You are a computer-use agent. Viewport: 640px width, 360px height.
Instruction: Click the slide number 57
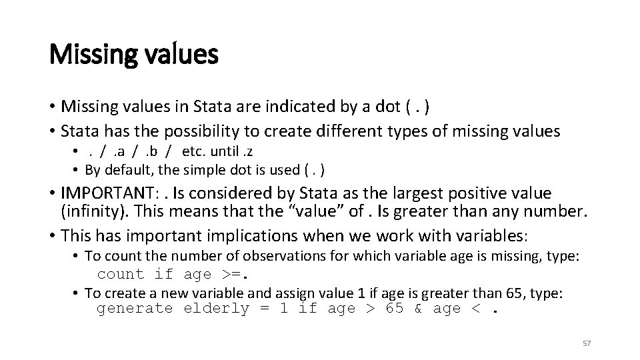pyautogui.click(x=587, y=343)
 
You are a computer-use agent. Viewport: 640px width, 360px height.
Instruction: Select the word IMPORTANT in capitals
pyautogui.click(x=114, y=194)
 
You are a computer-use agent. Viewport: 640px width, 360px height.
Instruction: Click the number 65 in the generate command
pyautogui.click(x=395, y=309)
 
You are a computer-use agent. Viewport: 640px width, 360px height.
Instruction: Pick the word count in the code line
pyautogui.click(x=121, y=274)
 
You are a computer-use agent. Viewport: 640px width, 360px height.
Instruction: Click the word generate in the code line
pyautogui.click(x=135, y=309)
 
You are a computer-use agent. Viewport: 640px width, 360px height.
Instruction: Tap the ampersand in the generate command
pyautogui.click(x=417, y=309)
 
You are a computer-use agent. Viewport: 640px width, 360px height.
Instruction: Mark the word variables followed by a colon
pyautogui.click(x=493, y=235)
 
